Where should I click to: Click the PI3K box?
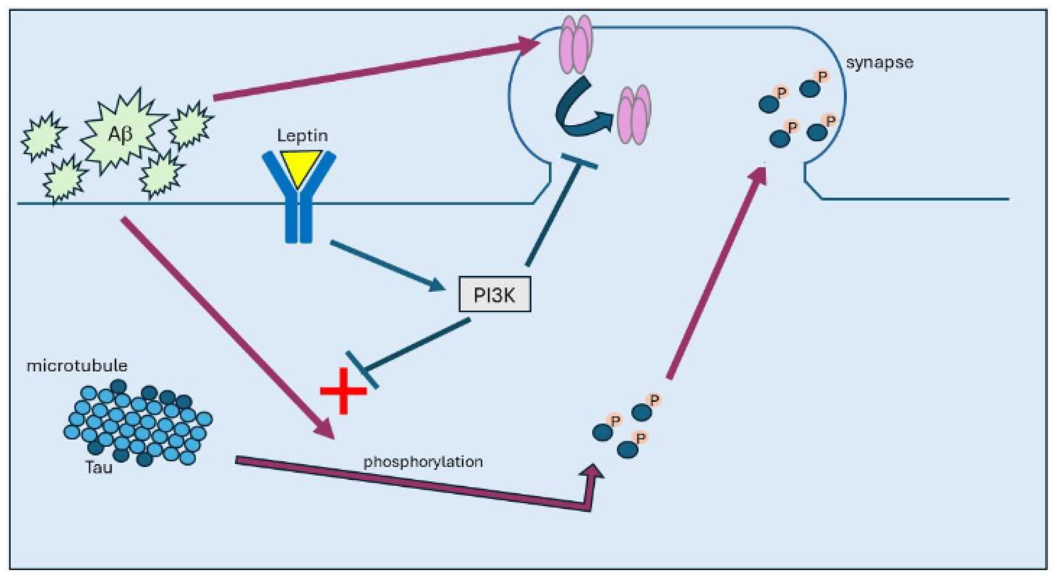tap(494, 294)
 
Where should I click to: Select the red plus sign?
tap(343, 391)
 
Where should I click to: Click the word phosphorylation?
tap(423, 462)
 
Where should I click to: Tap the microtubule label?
tap(77, 365)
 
